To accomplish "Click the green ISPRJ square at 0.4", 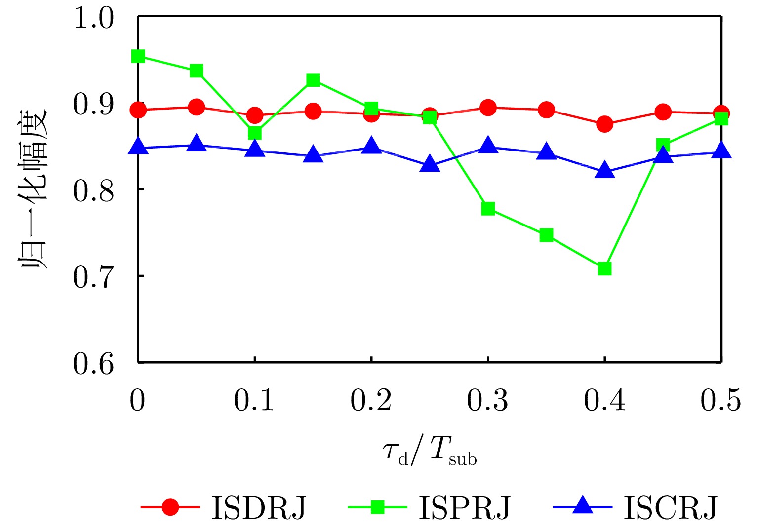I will point(604,268).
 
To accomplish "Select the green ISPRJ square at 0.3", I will point(488,209).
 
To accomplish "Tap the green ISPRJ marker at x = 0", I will point(138,56).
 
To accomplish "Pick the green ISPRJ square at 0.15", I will point(313,80).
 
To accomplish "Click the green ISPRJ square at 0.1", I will point(255,133).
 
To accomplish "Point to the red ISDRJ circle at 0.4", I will point(604,124).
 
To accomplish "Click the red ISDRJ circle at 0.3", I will point(488,108).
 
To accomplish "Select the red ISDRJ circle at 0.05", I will point(197,107).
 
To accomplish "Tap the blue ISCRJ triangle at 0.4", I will point(604,171).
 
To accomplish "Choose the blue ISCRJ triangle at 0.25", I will point(430,164).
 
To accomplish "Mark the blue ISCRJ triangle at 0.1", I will point(255,149).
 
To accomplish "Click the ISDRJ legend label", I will point(259,508).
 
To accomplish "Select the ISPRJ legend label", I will point(464,508).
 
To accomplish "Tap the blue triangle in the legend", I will point(583,506).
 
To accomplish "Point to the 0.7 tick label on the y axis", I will point(93,277).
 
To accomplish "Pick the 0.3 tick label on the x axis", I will point(487,400).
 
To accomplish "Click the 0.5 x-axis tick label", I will point(720,400).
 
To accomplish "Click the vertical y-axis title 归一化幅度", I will point(34,189).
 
